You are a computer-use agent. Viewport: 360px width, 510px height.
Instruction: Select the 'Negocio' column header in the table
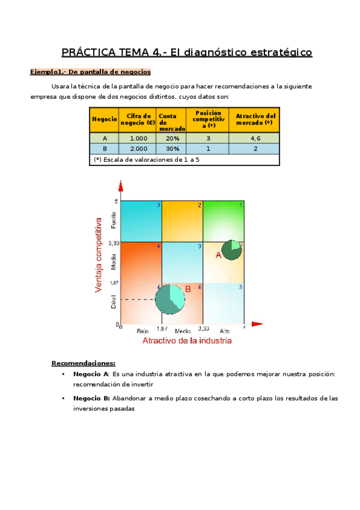tap(104, 119)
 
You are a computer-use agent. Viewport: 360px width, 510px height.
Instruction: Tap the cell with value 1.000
tap(138, 138)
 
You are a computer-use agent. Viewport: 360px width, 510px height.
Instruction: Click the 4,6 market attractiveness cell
tap(255, 138)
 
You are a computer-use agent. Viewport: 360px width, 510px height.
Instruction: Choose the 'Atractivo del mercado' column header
tap(255, 119)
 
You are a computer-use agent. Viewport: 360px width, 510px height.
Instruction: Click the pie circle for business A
tap(232, 250)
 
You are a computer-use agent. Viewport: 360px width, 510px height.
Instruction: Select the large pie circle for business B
tap(171, 299)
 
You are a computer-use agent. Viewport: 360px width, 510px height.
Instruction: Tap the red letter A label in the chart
tap(219, 255)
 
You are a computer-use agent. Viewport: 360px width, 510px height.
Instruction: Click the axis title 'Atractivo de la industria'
tap(186, 341)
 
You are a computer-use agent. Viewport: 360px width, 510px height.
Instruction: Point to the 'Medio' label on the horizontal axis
tap(183, 331)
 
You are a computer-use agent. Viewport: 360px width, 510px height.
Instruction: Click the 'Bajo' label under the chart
tap(142, 331)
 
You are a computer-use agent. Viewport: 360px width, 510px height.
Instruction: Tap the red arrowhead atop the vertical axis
tap(121, 187)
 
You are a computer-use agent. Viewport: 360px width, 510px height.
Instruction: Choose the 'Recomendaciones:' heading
tap(83, 363)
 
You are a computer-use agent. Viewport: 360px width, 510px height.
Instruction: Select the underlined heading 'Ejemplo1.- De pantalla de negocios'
tap(86, 72)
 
